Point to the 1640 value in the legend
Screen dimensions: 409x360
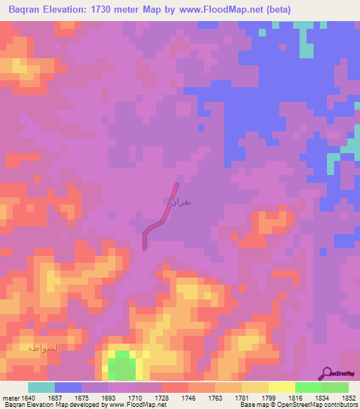tap(22, 397)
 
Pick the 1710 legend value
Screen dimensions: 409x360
tap(136, 397)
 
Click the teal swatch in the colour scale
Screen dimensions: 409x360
tap(41, 387)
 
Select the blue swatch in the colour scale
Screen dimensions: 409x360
tap(67, 387)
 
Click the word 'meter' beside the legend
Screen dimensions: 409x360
tap(8, 397)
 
